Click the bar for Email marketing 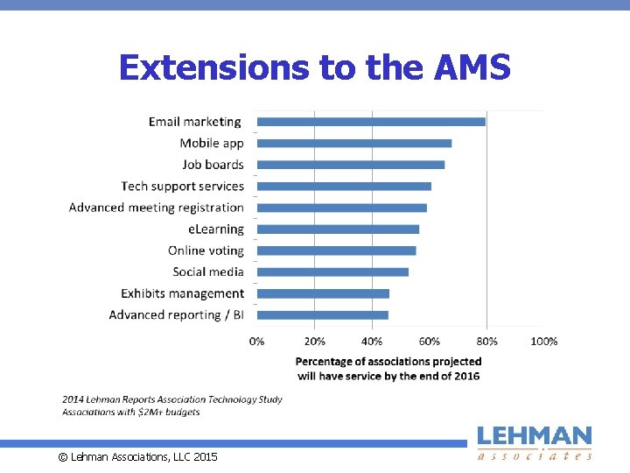(x=371, y=122)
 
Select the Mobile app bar (x=354, y=144)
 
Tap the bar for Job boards (x=351, y=165)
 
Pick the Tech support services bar (x=345, y=187)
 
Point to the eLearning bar (x=338, y=229)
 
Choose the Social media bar (x=332, y=272)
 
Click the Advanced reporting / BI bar (x=323, y=315)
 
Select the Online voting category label (x=206, y=251)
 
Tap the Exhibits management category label (x=182, y=293)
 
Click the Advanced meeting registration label (x=157, y=208)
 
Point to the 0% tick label (x=256, y=342)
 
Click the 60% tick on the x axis (x=429, y=342)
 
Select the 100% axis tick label (x=544, y=342)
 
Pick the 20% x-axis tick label (x=315, y=342)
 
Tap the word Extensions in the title (x=214, y=67)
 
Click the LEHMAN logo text (x=535, y=436)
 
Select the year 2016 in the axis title (x=466, y=377)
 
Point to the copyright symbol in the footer (x=63, y=457)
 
